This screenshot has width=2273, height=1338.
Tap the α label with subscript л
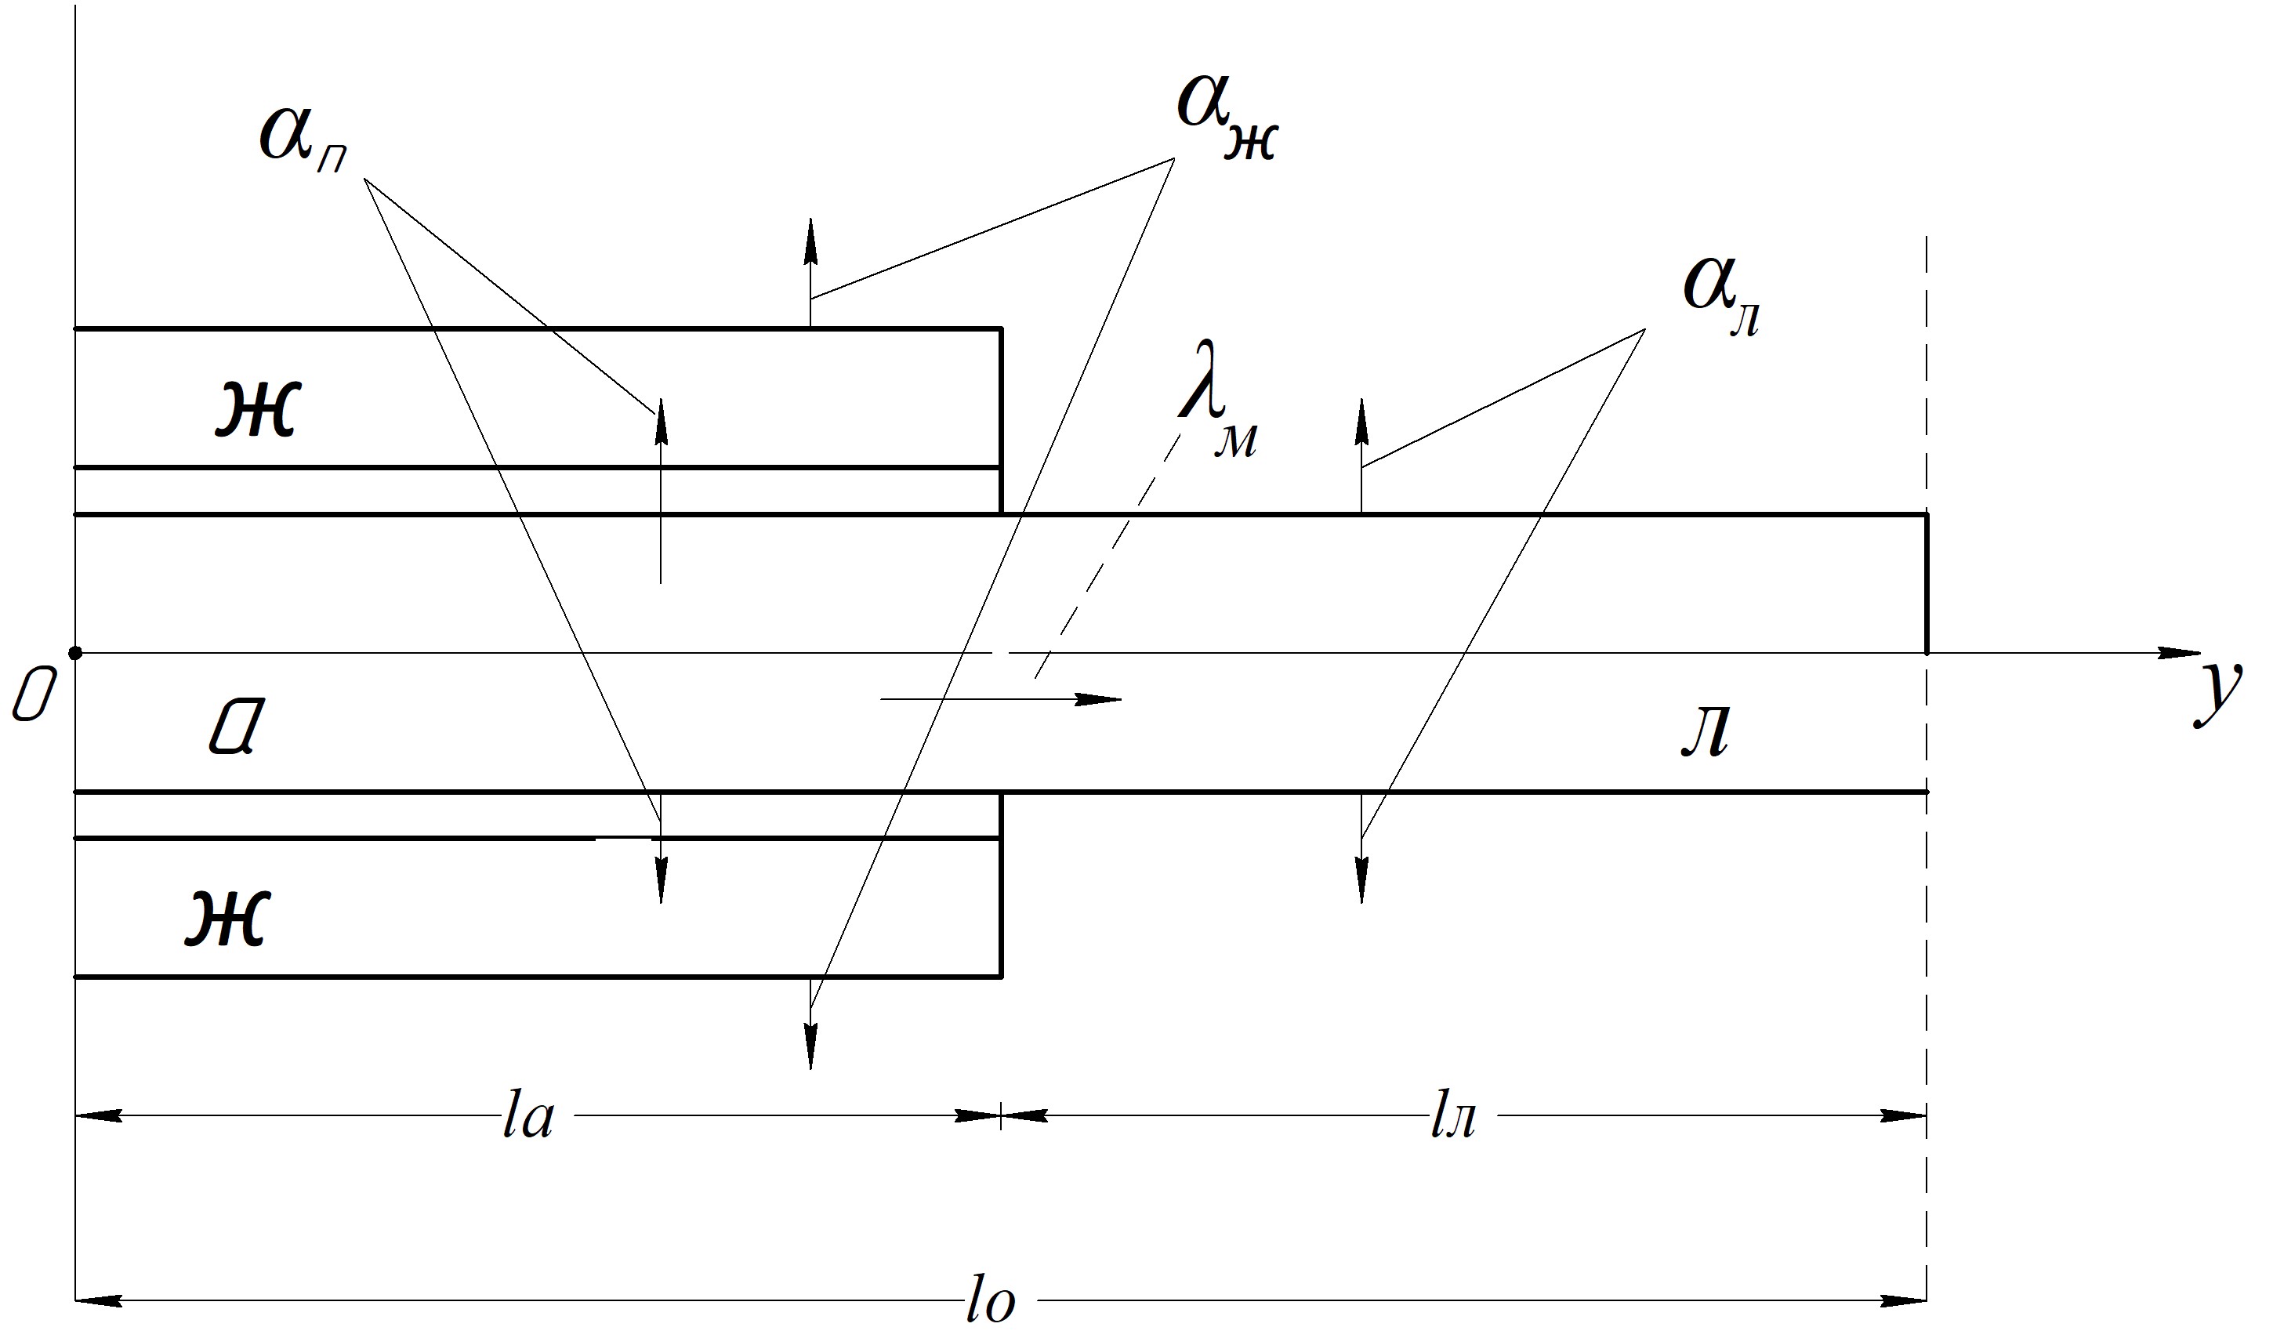[x=1721, y=299]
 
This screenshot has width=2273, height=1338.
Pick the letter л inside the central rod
[x=1706, y=731]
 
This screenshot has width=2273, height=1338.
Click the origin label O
[x=31, y=700]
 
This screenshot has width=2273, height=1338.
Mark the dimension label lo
[x=991, y=1302]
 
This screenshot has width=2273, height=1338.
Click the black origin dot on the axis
[x=76, y=652]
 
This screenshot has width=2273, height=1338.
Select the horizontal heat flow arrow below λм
[x=1001, y=699]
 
